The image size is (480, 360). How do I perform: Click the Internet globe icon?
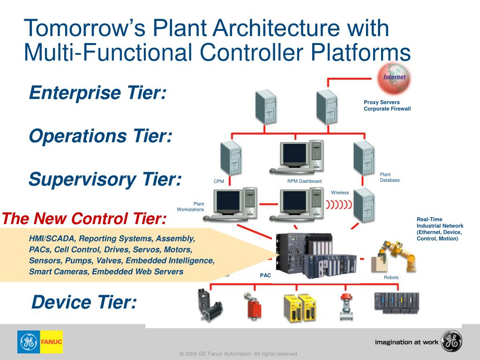pos(394,78)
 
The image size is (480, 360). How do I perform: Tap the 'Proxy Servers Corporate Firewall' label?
pos(387,105)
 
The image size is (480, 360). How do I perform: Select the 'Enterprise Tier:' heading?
pos(97,93)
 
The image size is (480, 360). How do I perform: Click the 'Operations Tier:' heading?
pos(101,136)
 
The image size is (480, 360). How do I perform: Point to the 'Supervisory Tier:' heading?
pos(105,179)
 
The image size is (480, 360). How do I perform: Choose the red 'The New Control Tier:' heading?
pos(84,218)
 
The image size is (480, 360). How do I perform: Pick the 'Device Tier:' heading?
pos(84,302)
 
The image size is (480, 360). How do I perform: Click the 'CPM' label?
pos(219,181)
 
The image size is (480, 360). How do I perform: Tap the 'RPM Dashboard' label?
pos(304,181)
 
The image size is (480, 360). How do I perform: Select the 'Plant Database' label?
pos(390,177)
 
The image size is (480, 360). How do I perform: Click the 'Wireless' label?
pos(340,193)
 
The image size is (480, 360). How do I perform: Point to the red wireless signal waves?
pos(338,204)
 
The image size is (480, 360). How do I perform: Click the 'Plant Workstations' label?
pos(191,207)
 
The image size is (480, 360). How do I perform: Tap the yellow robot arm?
pos(401,255)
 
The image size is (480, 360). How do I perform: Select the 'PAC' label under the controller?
pos(265,276)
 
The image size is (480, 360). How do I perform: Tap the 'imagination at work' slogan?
pos(406,342)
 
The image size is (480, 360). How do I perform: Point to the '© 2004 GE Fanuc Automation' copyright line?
pos(239,354)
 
